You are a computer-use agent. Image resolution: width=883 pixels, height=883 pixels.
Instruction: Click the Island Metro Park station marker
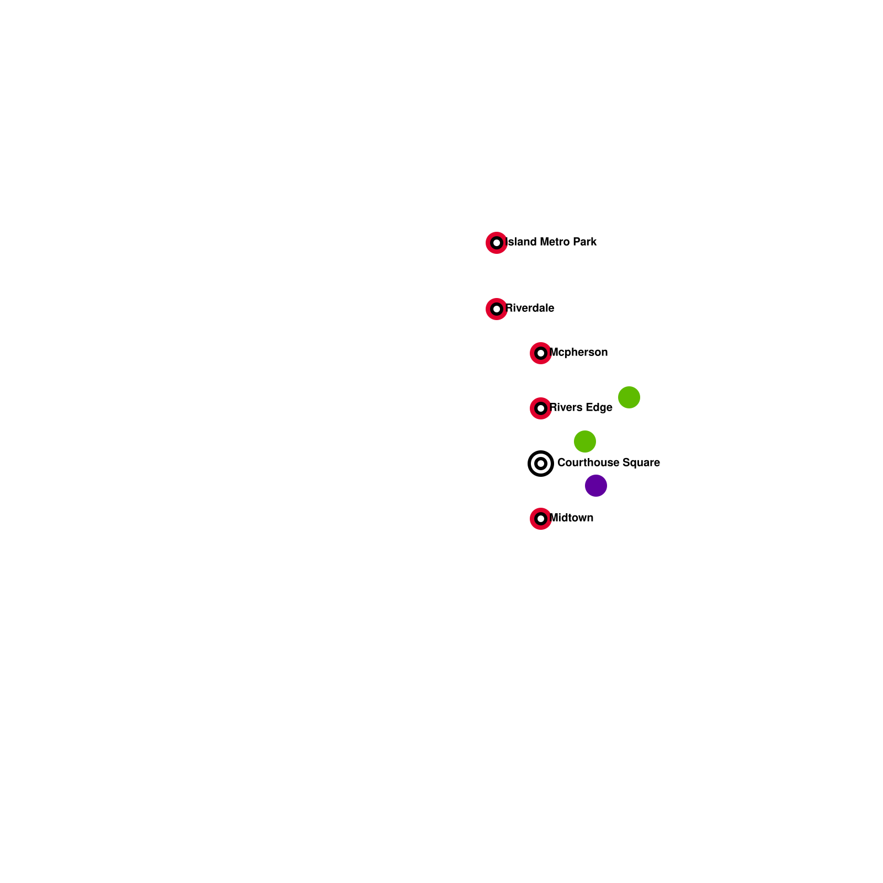tap(497, 243)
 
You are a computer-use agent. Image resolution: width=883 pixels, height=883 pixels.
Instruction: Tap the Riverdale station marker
tap(497, 309)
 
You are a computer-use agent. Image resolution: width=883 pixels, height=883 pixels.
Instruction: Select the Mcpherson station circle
tap(541, 353)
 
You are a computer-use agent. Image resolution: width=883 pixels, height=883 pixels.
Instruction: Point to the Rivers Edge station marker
tap(541, 408)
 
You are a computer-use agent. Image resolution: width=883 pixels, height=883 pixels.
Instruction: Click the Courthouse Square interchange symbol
tap(541, 464)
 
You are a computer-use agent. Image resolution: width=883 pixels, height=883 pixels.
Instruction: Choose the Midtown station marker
tap(541, 519)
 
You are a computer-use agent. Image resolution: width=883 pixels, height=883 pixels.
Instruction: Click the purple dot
tap(596, 486)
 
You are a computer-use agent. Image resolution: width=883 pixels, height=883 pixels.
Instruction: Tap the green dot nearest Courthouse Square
tap(585, 441)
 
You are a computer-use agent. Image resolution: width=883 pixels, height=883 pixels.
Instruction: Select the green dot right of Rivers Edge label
tap(629, 397)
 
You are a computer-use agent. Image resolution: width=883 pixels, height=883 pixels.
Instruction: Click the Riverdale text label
tap(530, 308)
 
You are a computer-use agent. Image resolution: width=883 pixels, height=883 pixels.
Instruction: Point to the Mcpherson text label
tap(578, 352)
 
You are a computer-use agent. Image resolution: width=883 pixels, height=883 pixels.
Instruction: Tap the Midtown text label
tap(572, 518)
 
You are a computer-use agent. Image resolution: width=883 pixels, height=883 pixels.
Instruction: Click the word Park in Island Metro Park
tap(585, 242)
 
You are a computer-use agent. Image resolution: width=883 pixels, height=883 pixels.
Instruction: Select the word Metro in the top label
tap(555, 242)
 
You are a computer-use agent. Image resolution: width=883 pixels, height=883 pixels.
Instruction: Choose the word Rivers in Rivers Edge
tap(566, 407)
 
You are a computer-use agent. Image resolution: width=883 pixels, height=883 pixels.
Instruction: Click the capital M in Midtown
tap(554, 518)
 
